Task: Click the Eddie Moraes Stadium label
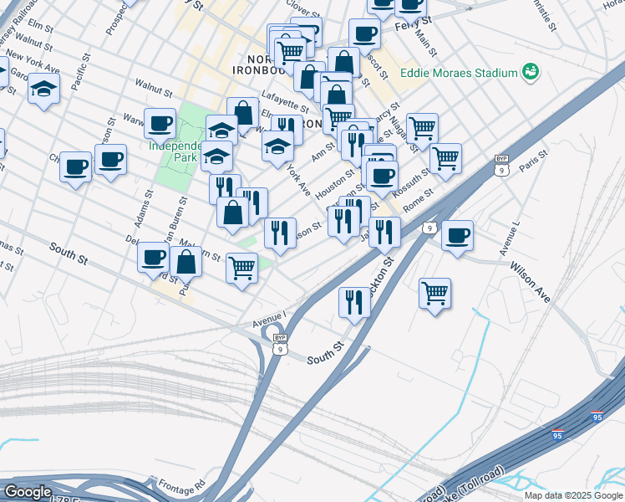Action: coord(458,73)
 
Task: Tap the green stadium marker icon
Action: coord(529,73)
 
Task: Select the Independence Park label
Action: coord(178,151)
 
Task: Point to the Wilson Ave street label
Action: coord(531,283)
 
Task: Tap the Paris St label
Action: coord(532,160)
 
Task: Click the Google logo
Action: coord(28,492)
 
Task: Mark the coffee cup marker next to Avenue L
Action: coord(457,235)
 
